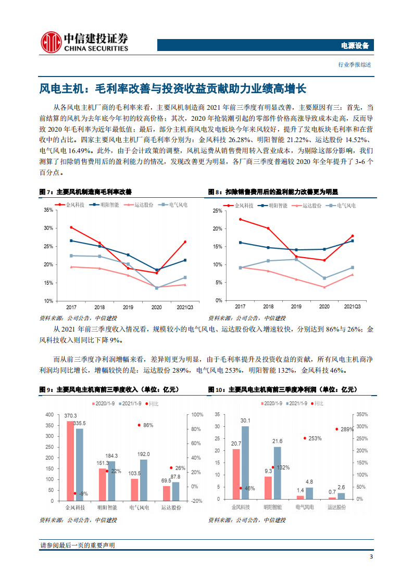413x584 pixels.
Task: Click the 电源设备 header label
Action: tap(355, 46)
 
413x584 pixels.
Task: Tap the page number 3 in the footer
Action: tap(370, 557)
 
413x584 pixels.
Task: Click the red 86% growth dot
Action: tap(139, 425)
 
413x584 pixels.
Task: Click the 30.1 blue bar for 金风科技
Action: tap(245, 463)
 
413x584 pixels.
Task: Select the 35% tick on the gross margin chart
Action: tap(48, 210)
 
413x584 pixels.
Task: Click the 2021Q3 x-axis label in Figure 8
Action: tap(353, 307)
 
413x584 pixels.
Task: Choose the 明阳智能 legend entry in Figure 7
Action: tap(106, 205)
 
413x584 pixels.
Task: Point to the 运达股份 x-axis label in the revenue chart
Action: tap(170, 506)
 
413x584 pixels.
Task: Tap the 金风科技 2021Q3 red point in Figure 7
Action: tap(185, 242)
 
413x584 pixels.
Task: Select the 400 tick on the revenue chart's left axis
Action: tap(49, 415)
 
